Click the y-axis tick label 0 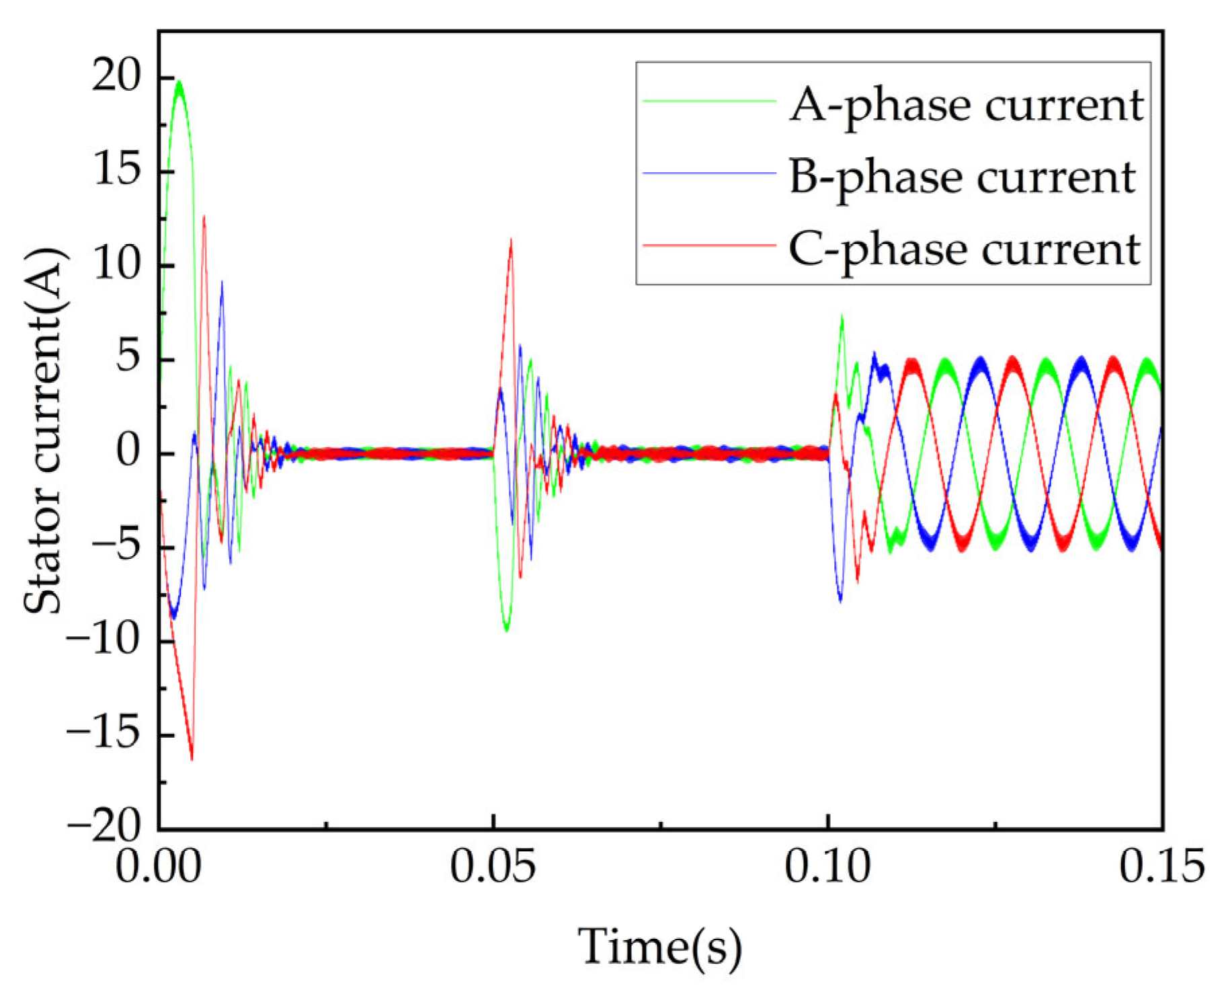click(x=128, y=452)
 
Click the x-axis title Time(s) click(x=660, y=947)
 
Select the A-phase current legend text click(x=967, y=106)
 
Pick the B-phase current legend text click(x=962, y=178)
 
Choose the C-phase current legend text click(x=964, y=249)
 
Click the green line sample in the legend click(x=709, y=102)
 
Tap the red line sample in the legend click(x=709, y=245)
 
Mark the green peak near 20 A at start click(x=179, y=83)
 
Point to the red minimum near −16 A click(x=192, y=759)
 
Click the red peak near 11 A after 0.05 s click(x=512, y=240)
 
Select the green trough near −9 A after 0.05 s click(x=507, y=629)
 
